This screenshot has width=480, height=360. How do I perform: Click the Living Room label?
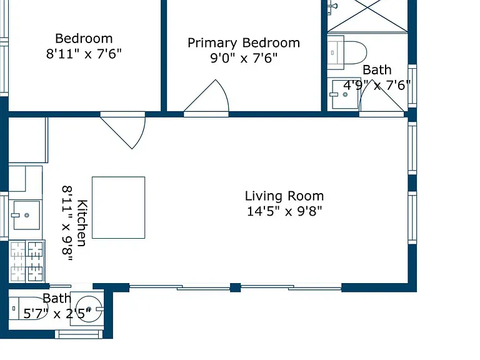(284, 196)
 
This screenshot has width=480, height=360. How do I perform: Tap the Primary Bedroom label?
(244, 43)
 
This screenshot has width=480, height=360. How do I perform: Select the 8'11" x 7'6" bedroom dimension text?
(84, 54)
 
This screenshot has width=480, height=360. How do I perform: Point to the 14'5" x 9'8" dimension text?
(284, 211)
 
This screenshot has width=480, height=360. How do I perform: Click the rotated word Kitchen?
(82, 223)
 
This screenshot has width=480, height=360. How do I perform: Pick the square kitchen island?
(119, 207)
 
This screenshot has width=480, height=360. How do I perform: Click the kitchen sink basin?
(27, 215)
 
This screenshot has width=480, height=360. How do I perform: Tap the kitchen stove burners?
(27, 261)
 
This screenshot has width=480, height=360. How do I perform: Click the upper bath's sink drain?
(345, 94)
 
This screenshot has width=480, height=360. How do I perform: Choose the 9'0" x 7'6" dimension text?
(244, 58)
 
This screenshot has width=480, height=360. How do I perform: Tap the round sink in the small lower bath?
(89, 309)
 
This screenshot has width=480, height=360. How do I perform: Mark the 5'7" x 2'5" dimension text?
(57, 314)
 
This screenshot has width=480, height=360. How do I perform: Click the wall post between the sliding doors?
(235, 287)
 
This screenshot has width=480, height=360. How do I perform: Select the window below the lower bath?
(79, 334)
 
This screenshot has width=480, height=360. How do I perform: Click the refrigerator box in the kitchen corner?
(28, 140)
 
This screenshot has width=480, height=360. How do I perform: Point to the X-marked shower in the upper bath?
(367, 15)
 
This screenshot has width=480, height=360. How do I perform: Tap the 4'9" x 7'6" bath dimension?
(377, 85)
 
